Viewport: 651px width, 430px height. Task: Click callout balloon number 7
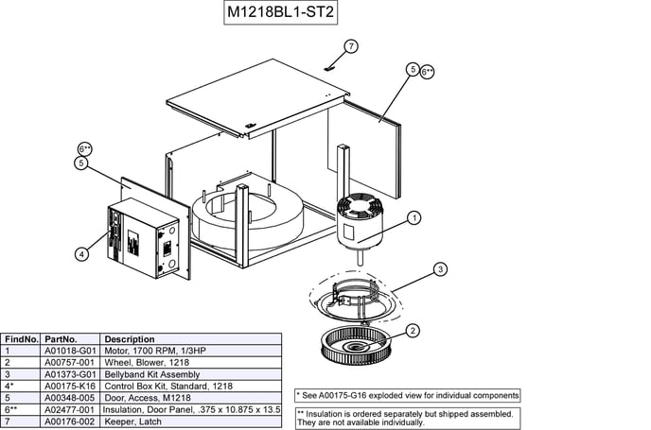351,46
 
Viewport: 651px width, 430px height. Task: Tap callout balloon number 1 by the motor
413,217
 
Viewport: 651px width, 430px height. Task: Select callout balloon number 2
413,330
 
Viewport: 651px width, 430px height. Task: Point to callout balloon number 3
440,269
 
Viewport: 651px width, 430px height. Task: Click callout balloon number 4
82,253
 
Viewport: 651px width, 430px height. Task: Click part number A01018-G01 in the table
70,351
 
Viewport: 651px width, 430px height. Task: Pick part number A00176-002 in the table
70,421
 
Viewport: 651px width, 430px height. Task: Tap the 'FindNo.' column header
22,338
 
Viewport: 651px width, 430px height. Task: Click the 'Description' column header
130,338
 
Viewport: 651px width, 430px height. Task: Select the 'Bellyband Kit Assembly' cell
148,374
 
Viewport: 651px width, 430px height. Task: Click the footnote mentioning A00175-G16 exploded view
407,394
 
